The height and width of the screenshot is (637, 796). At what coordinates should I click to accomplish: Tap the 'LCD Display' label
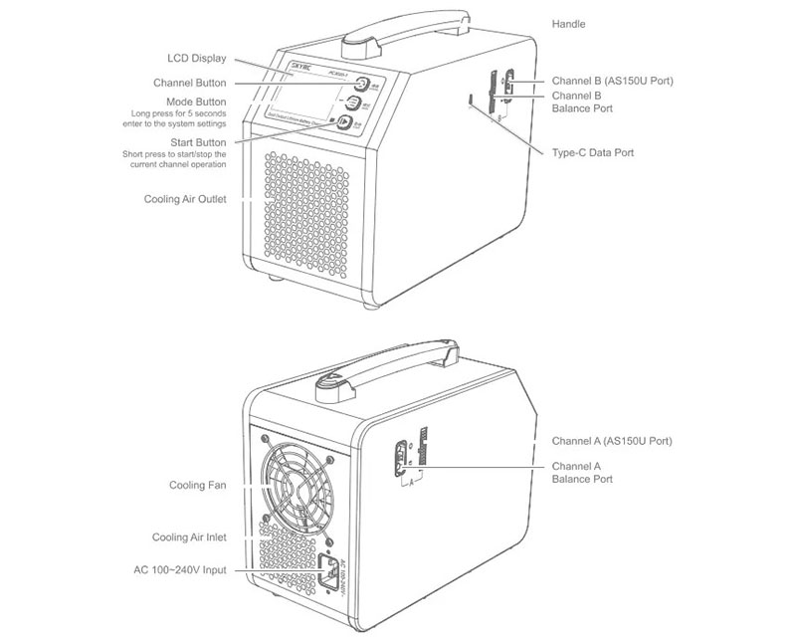199,58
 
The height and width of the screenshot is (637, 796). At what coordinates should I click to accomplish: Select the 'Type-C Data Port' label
592,153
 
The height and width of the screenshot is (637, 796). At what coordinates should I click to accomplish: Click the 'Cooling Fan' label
197,487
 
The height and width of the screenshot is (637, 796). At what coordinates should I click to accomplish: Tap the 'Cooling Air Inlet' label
189,536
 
